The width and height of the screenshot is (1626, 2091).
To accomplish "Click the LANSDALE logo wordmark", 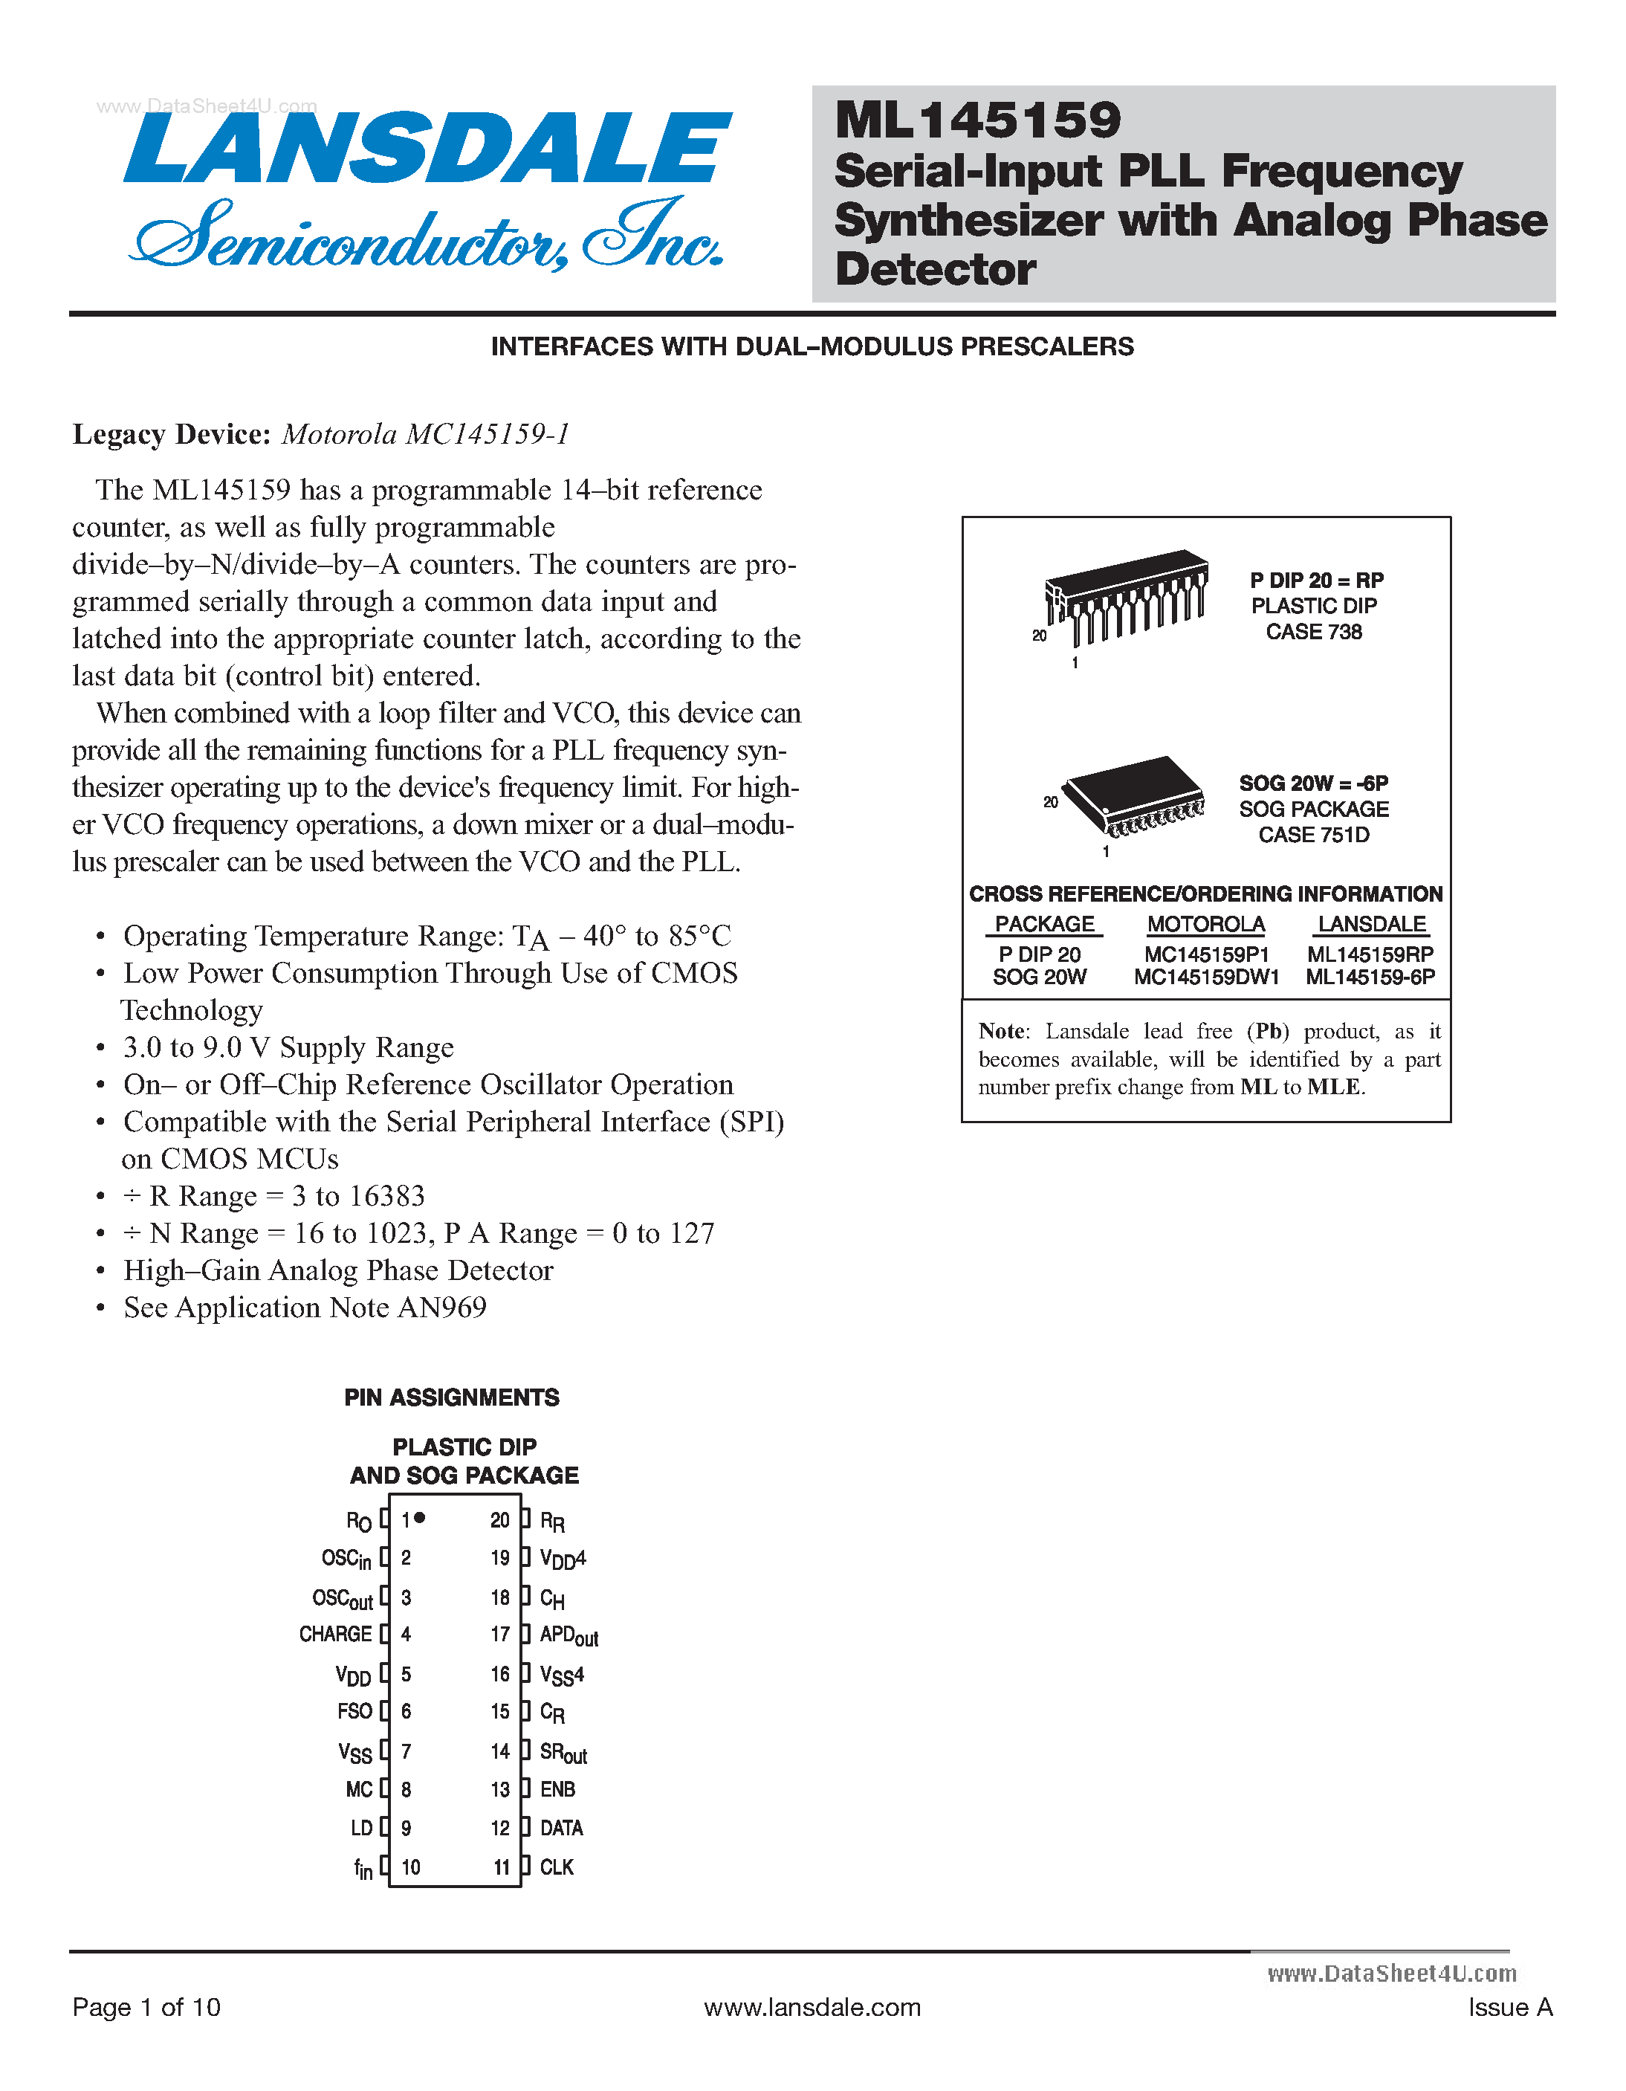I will (428, 149).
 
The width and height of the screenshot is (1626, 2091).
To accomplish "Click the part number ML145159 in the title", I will (977, 120).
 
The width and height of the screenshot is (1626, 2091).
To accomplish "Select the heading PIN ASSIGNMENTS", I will (452, 1397).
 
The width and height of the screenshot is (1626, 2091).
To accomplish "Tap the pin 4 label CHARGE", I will (335, 1635).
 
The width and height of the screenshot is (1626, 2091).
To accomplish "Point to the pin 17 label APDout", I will (569, 1636).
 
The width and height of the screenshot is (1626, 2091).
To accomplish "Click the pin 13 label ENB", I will (557, 1789).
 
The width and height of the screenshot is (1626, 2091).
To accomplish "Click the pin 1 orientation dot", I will (420, 1517).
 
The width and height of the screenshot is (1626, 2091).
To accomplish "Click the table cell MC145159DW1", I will (1206, 977).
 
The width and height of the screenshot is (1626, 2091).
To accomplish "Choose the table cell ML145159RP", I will (1370, 954).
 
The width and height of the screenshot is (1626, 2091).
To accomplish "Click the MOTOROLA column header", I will (1206, 925).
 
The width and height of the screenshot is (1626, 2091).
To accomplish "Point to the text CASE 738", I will (1313, 632).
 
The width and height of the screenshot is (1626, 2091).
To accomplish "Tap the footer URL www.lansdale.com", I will (812, 2007).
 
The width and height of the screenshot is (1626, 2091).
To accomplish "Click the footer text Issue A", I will (1509, 2007).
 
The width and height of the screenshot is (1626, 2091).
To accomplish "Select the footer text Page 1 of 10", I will (146, 2007).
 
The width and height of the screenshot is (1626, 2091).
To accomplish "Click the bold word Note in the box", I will (1000, 1031).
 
